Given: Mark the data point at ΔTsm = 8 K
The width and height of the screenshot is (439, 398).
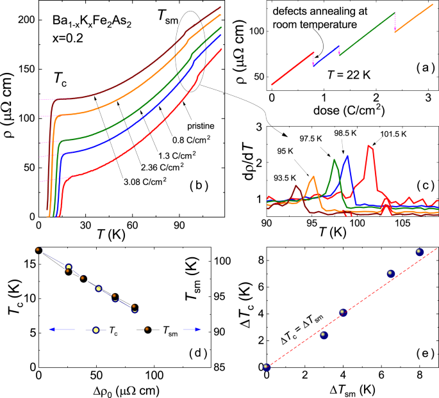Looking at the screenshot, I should (x=420, y=252).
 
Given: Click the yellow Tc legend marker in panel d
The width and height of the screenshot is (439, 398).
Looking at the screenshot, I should (x=95, y=330).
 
